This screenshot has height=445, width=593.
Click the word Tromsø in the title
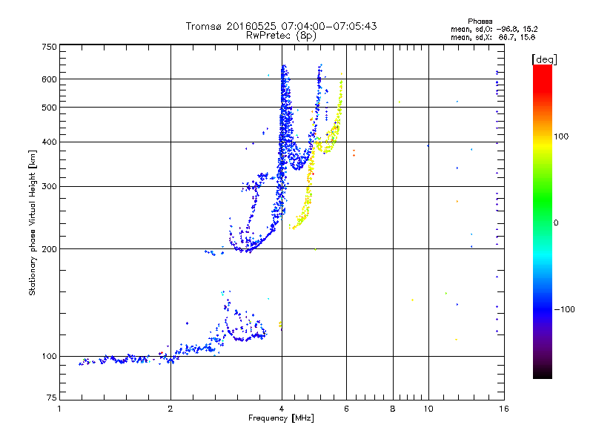(x=203, y=26)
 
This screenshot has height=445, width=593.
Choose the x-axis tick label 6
(x=346, y=409)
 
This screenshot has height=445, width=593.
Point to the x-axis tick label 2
(x=170, y=409)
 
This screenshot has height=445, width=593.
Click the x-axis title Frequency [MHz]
(x=281, y=418)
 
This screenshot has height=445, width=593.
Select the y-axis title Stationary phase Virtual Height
(x=33, y=222)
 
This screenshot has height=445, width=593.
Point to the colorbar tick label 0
(x=557, y=222)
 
